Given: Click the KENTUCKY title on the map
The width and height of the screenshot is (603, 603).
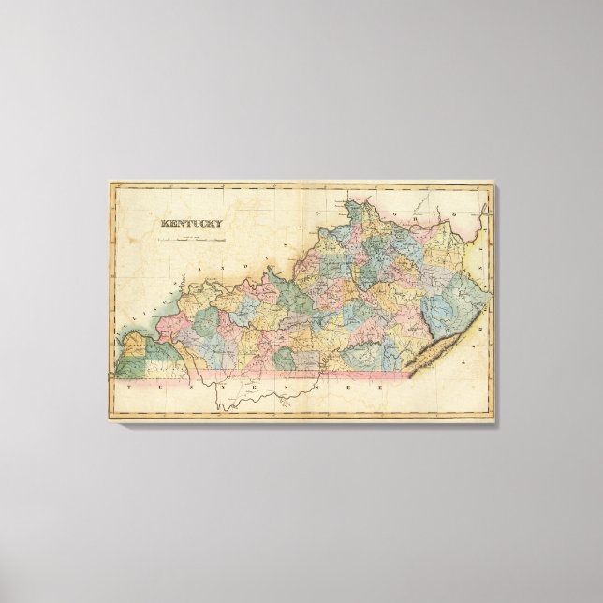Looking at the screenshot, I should [x=191, y=223].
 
